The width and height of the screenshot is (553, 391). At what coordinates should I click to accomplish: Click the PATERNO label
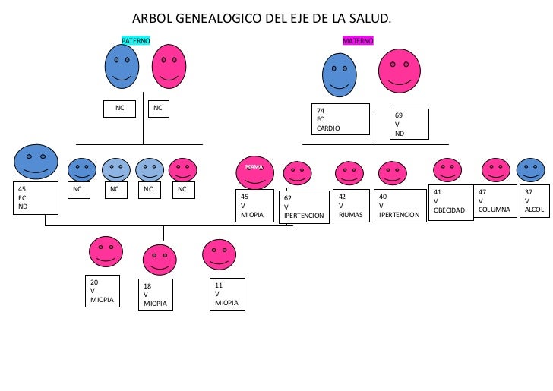point(136,39)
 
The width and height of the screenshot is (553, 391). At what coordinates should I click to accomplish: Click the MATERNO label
point(358,40)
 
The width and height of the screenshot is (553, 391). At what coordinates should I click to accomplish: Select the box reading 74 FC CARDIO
point(340,119)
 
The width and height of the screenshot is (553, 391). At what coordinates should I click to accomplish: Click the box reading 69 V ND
point(409,125)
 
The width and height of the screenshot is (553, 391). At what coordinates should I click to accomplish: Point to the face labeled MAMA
point(254,172)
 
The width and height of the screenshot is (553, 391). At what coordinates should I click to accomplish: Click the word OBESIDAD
point(449,210)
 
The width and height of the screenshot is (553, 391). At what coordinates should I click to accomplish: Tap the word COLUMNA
point(494,210)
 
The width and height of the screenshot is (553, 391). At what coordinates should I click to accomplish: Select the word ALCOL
point(534,210)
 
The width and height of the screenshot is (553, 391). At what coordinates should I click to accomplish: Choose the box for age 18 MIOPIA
point(156,295)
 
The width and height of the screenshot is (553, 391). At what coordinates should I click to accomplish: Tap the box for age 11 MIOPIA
point(227,295)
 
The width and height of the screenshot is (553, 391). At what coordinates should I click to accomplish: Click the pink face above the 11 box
point(219,256)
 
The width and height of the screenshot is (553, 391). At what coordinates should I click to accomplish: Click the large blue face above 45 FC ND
point(36,162)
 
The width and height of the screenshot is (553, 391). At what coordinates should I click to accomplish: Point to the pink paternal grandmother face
point(169,66)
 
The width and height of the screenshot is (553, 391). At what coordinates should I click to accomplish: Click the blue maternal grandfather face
point(340,74)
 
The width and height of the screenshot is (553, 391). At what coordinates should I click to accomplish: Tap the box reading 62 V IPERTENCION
point(304,207)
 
